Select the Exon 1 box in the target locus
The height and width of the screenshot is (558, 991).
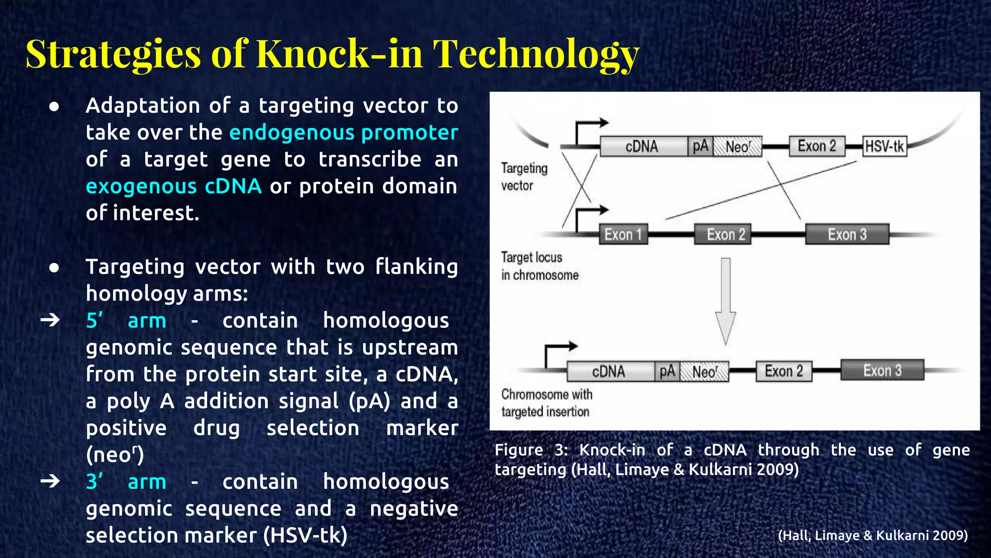pyautogui.click(x=623, y=234)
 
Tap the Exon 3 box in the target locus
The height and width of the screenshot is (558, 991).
pyautogui.click(x=847, y=234)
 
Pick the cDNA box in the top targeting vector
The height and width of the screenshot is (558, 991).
pyautogui.click(x=643, y=146)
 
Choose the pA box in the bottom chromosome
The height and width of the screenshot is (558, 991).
pyautogui.click(x=667, y=372)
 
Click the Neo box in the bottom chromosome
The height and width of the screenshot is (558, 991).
pyautogui.click(x=704, y=372)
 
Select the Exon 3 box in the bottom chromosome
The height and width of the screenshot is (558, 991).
pyautogui.click(x=882, y=371)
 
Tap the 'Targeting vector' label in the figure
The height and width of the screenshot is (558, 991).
pyautogui.click(x=524, y=177)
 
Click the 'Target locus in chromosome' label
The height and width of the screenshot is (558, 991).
pyautogui.click(x=539, y=266)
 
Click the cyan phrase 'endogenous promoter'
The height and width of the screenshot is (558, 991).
pyautogui.click(x=344, y=133)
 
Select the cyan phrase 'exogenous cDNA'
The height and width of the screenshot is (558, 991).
pyautogui.click(x=174, y=186)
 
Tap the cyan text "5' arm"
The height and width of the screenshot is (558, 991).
pyautogui.click(x=126, y=321)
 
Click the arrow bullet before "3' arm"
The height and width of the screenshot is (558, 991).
pyautogui.click(x=50, y=481)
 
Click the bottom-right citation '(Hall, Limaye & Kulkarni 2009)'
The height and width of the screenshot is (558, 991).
pyautogui.click(x=872, y=535)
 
